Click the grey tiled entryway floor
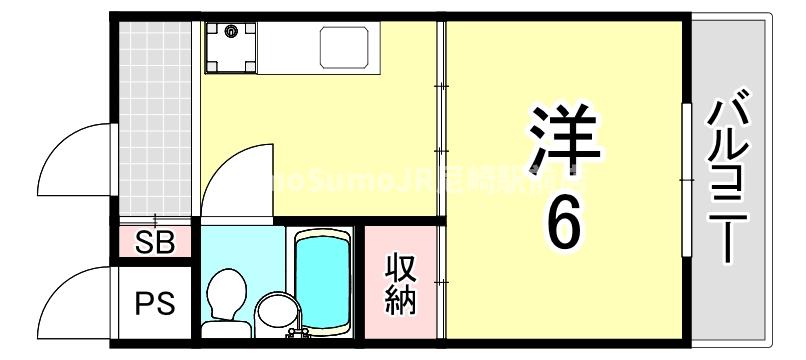tap(155, 120)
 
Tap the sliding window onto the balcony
tap(687, 180)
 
